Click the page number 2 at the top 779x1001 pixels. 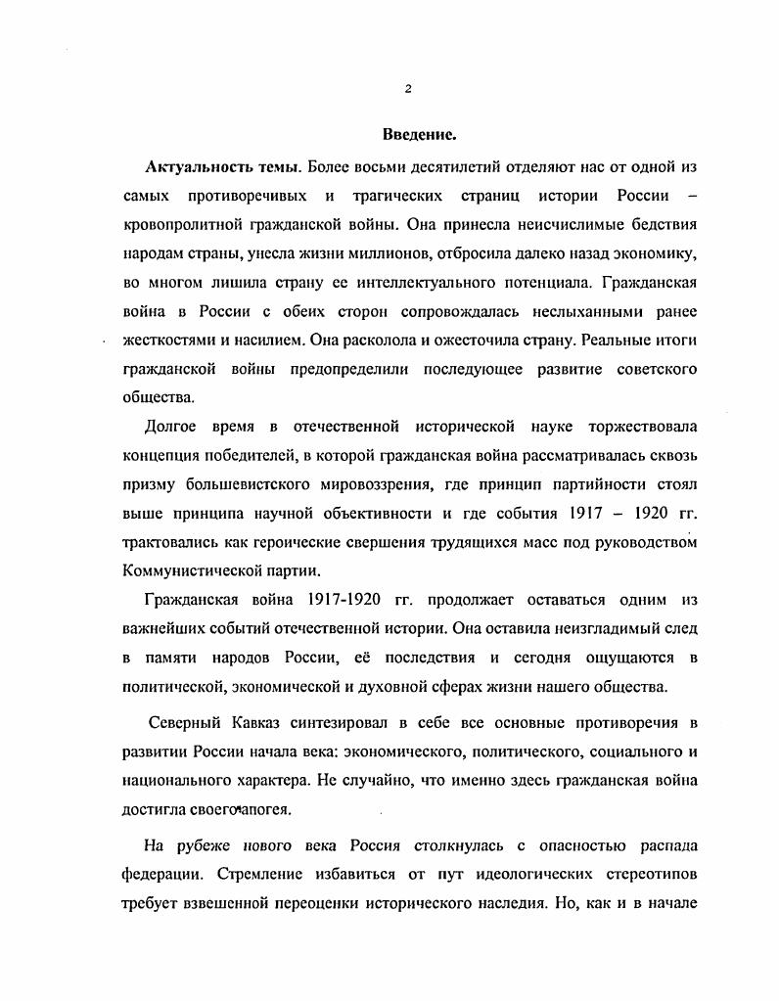(408, 90)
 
